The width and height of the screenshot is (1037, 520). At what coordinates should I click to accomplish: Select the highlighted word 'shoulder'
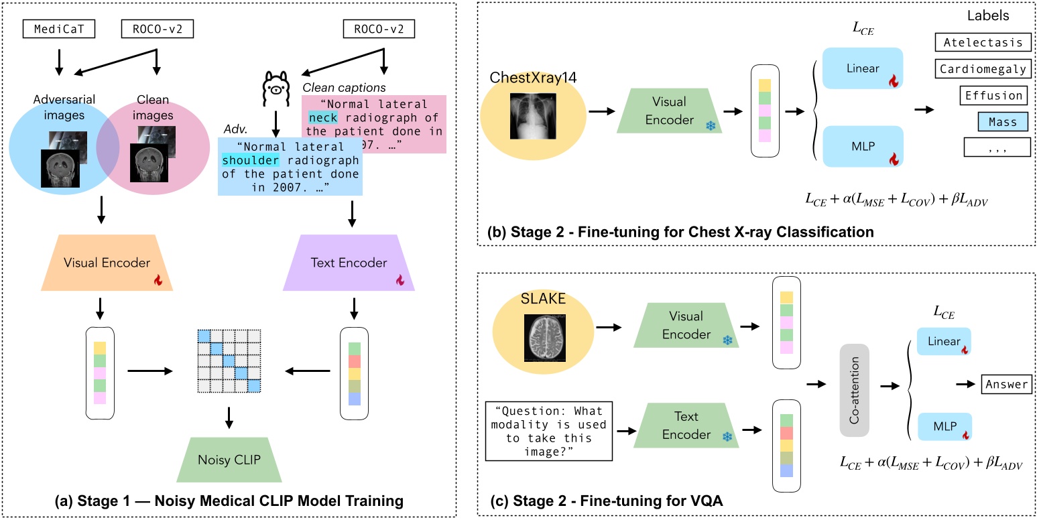247,159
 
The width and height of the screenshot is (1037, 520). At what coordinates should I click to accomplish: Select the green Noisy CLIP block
230,460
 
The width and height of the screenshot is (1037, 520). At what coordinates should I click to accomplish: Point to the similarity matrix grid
230,363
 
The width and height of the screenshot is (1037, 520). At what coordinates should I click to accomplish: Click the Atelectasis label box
983,43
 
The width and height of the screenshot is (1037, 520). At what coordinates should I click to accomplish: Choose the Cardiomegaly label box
983,69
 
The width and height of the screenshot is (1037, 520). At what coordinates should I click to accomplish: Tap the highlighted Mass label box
1001,121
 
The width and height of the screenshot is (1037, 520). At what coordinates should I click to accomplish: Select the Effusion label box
993,95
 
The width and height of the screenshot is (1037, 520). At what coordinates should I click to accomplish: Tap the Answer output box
1007,385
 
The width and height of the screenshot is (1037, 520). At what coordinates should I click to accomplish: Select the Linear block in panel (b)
862,69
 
